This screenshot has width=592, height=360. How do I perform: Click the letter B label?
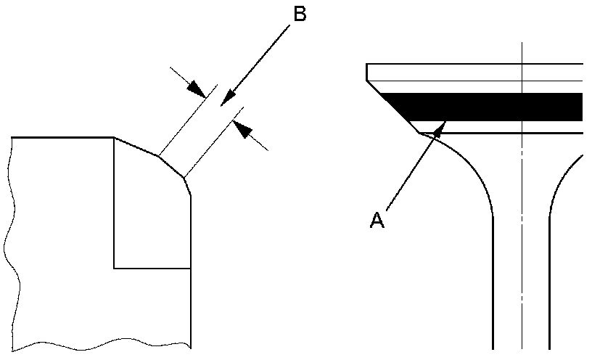(299, 15)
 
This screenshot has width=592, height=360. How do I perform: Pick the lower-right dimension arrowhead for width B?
(244, 131)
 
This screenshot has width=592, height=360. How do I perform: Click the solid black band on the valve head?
(493, 107)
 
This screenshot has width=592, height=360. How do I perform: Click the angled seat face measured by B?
(171, 165)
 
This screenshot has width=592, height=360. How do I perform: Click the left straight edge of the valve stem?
(493, 290)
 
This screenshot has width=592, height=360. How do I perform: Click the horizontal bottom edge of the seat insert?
(152, 268)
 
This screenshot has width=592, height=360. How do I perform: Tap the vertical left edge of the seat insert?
(114, 203)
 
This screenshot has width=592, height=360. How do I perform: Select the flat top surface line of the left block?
(62, 137)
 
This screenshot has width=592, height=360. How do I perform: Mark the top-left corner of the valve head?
(367, 65)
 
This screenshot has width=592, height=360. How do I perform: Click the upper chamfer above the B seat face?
(136, 145)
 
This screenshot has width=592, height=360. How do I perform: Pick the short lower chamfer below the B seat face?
(188, 187)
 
